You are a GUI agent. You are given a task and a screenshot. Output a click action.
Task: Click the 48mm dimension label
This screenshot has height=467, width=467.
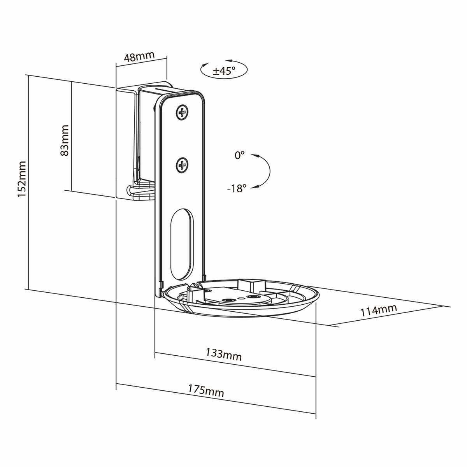point(139,57)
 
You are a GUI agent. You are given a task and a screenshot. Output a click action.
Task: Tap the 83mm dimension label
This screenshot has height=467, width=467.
point(64,140)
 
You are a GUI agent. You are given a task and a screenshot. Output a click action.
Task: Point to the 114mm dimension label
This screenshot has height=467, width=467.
point(378,310)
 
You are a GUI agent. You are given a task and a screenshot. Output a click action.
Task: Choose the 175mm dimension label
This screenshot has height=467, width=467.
point(206,390)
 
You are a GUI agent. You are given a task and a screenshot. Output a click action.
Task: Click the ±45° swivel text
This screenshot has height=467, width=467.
point(224,71)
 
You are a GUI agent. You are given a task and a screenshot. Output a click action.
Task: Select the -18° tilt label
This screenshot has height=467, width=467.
point(237,189)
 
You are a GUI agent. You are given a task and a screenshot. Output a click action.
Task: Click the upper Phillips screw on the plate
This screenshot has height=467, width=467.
point(182,113)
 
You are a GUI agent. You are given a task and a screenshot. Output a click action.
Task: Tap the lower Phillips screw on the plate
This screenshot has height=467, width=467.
point(182,166)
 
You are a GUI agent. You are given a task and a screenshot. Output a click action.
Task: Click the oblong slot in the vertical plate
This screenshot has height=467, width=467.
point(181,244)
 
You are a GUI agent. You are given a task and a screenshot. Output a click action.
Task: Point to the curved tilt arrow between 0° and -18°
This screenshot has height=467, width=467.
point(268,171)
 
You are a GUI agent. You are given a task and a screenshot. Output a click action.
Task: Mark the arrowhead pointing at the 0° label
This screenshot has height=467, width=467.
point(254,155)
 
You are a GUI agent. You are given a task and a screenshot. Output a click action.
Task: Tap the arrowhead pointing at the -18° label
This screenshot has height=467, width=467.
point(254,188)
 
